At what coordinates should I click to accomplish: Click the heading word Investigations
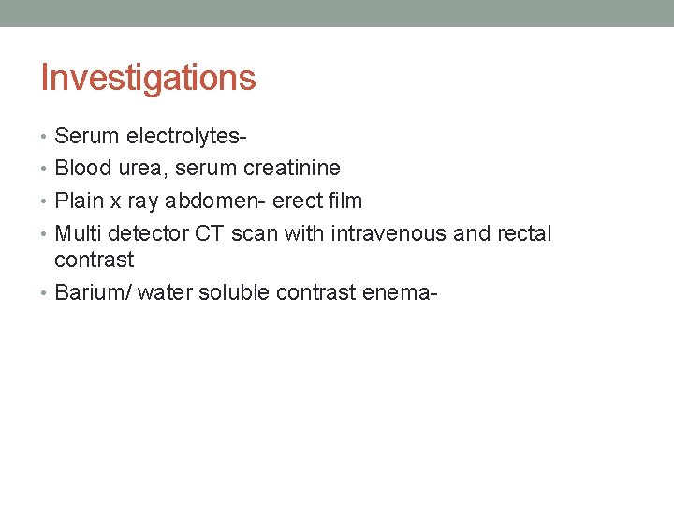(x=148, y=78)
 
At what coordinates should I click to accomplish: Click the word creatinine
(x=291, y=169)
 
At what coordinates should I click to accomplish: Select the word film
(x=342, y=201)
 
